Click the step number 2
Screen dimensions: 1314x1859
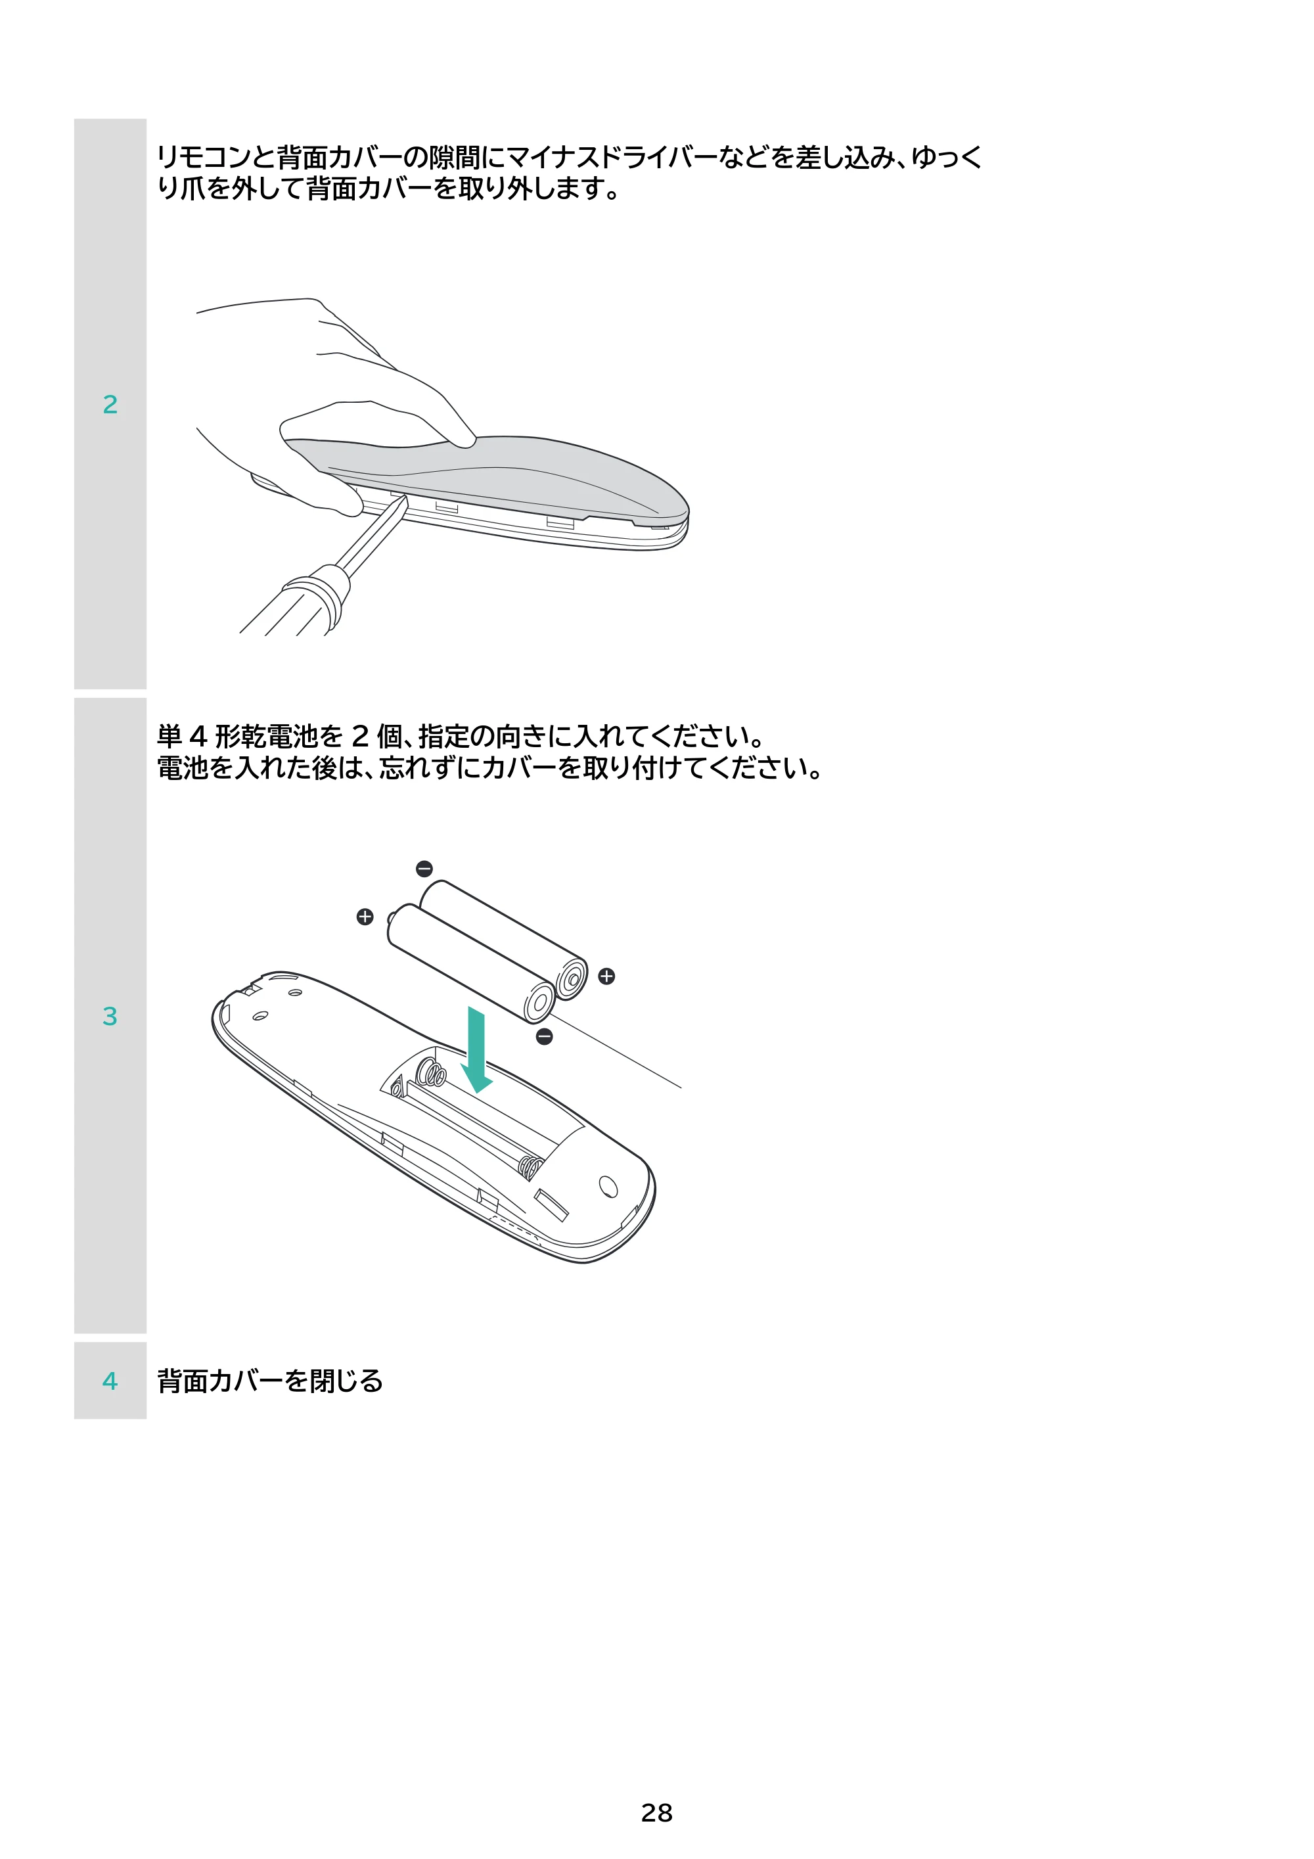click(110, 404)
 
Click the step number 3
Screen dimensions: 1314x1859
click(110, 1016)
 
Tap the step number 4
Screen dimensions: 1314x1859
click(110, 1381)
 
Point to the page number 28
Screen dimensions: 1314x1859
click(656, 1813)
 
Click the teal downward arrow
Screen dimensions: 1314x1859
click(477, 1049)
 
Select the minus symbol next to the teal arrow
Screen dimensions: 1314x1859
click(545, 1036)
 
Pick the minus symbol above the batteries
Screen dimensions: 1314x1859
click(424, 869)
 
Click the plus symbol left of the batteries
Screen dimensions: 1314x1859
click(365, 917)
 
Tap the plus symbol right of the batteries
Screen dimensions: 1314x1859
click(606, 976)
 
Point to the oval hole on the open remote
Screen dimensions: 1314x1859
click(608, 1186)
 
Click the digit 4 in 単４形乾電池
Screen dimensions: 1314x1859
click(198, 737)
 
